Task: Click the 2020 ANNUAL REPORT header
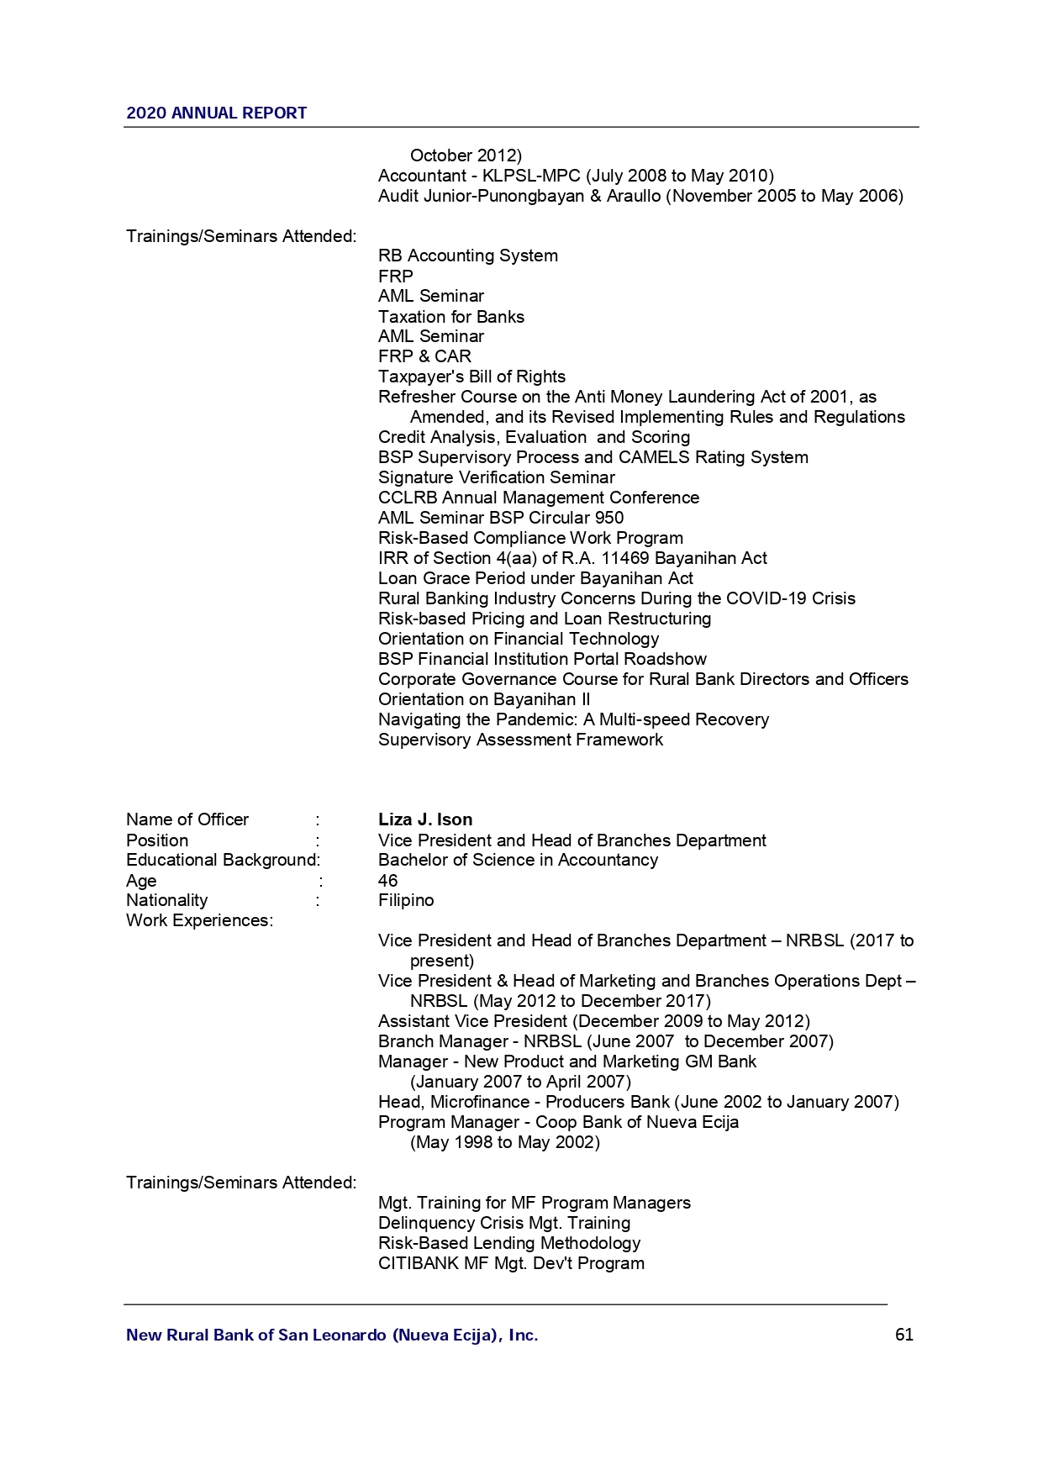pyautogui.click(x=216, y=113)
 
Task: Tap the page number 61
pyautogui.click(x=903, y=1335)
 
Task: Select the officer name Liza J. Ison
pyautogui.click(x=424, y=819)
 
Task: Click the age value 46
pyautogui.click(x=387, y=880)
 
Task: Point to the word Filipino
pyautogui.click(x=406, y=900)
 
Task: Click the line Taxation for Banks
pyautogui.click(x=450, y=317)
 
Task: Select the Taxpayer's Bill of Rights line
pyautogui.click(x=471, y=377)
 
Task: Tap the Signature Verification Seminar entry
pyautogui.click(x=496, y=477)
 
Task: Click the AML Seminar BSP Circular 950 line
pyautogui.click(x=500, y=518)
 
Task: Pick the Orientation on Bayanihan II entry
pyautogui.click(x=483, y=699)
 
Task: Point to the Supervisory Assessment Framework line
pyautogui.click(x=520, y=740)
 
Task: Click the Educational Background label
pyautogui.click(x=223, y=860)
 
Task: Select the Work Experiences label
pyautogui.click(x=199, y=920)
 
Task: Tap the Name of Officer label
pyautogui.click(x=187, y=819)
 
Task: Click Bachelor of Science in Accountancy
pyautogui.click(x=518, y=860)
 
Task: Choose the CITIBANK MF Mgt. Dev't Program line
pyautogui.click(x=511, y=1263)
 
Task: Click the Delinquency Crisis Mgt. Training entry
pyautogui.click(x=503, y=1223)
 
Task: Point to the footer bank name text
pyautogui.click(x=332, y=1335)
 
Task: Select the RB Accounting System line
pyautogui.click(x=467, y=255)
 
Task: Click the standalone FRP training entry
pyautogui.click(x=395, y=276)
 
